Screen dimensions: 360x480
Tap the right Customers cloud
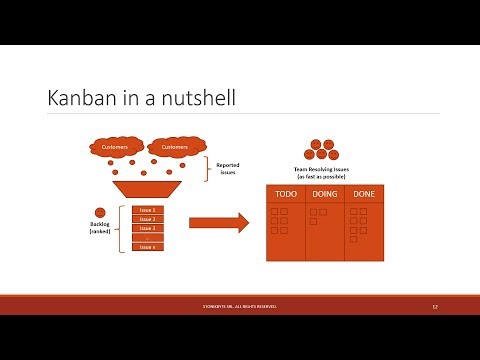170,147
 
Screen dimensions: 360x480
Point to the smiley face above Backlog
100,212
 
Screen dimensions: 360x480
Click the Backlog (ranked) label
99,228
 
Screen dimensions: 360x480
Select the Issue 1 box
147,210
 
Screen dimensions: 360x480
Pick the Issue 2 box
147,219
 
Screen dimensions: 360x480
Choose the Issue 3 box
147,228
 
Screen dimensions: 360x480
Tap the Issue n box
147,246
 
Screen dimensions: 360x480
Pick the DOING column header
324,194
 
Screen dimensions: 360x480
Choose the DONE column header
364,194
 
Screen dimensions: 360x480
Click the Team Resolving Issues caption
321,172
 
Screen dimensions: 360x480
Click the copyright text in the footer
239,306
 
